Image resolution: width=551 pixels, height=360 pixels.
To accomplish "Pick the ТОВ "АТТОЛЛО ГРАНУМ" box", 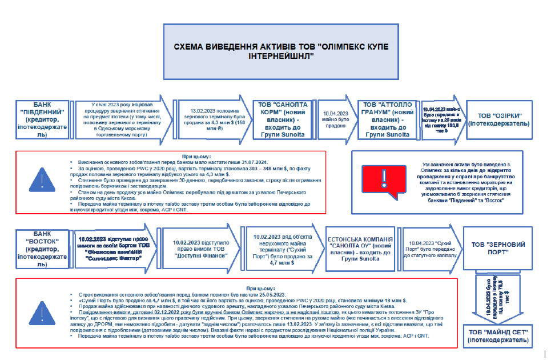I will (387, 119).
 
